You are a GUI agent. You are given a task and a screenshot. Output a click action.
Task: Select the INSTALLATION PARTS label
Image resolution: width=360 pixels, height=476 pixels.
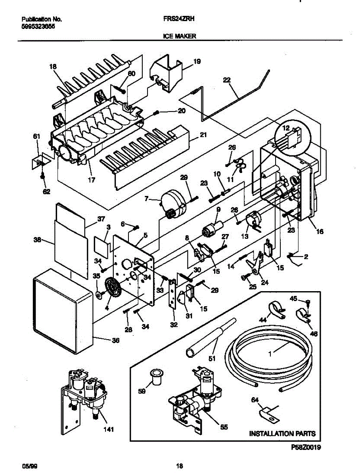click(282, 434)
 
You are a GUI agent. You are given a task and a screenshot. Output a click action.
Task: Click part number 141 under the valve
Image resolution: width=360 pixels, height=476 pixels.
click(107, 429)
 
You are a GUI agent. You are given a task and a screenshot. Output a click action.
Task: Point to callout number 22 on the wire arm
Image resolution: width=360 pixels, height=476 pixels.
click(226, 80)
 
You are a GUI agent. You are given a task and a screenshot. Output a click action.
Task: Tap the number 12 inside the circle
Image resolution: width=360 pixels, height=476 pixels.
click(286, 127)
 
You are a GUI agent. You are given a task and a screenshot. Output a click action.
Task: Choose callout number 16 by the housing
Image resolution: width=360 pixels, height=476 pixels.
click(319, 231)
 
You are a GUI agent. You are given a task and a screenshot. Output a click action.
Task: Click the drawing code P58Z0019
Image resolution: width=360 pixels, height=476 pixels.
click(306, 447)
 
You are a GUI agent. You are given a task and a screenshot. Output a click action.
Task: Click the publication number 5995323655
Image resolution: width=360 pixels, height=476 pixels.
click(38, 26)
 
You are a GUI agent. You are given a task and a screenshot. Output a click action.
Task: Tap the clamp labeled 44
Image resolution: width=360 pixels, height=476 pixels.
click(277, 309)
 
